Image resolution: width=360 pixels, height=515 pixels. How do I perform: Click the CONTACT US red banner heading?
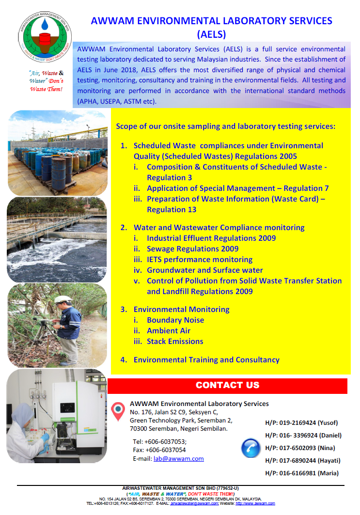(x=227, y=385)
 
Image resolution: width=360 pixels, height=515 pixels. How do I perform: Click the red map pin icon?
(x=118, y=411)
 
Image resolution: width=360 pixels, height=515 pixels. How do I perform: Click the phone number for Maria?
(x=302, y=473)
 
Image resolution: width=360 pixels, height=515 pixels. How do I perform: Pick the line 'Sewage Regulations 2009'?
(x=192, y=249)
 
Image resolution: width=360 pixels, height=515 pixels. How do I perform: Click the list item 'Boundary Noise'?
(x=175, y=320)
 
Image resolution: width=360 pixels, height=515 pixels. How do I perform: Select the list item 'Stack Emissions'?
(x=175, y=341)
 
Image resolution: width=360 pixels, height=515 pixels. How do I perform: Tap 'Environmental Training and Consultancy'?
(x=206, y=359)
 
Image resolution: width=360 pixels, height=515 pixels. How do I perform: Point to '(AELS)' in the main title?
(x=211, y=34)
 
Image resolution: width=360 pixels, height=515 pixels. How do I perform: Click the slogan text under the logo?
(x=46, y=81)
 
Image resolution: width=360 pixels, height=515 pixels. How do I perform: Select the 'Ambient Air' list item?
(x=168, y=330)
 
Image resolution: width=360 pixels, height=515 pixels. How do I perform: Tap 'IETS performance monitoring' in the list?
(x=199, y=259)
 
